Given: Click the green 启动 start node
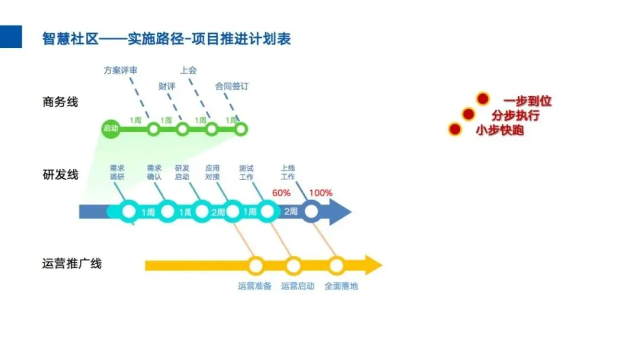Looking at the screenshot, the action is tap(111, 128).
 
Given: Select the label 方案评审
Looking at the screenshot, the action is tap(121, 70).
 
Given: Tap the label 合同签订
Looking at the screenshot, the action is tap(232, 86).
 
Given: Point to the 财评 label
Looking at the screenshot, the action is tap(167, 86).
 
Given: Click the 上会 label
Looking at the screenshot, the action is tap(188, 70).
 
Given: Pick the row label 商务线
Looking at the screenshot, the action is tap(60, 102).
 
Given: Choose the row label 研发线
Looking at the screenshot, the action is tap(60, 175).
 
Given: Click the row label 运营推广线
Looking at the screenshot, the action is tap(72, 263).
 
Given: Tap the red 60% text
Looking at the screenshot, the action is tap(281, 192).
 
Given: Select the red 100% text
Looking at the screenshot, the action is tap(321, 192).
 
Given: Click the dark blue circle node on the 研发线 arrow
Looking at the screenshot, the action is tap(311, 211).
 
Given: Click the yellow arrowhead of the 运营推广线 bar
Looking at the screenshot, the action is tap(373, 265).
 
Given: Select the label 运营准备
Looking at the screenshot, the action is tap(255, 286).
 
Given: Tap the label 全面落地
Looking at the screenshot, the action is tap(341, 286).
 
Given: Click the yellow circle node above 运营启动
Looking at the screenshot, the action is tap(293, 266).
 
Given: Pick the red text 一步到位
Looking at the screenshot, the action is tap(527, 101).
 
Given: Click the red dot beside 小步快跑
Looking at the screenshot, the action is tap(454, 129).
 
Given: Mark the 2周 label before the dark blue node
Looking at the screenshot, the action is tap(291, 211).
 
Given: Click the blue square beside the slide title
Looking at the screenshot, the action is tap(11, 37).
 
